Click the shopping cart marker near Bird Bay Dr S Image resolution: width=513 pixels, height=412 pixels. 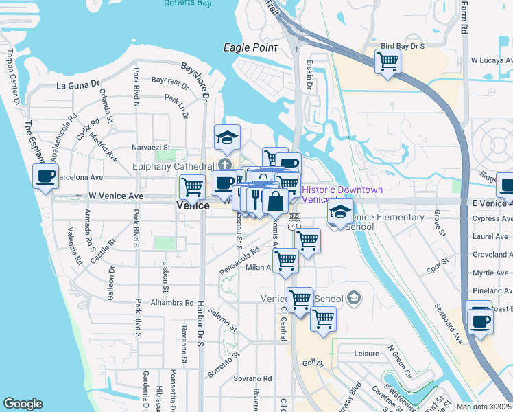(x=388, y=61)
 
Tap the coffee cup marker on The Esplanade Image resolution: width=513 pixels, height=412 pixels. (x=46, y=176)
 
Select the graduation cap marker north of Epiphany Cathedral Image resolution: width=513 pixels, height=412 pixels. (x=227, y=137)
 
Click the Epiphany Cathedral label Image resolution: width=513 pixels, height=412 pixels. (x=174, y=165)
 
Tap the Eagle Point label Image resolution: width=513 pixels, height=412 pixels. (x=250, y=47)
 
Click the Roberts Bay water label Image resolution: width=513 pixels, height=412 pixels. (x=186, y=3)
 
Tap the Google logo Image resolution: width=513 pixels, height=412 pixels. (x=23, y=404)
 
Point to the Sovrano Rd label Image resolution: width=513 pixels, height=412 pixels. (x=252, y=378)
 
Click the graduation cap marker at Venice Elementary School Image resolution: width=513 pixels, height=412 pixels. (x=340, y=213)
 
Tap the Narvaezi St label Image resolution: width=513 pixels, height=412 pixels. (x=151, y=147)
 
